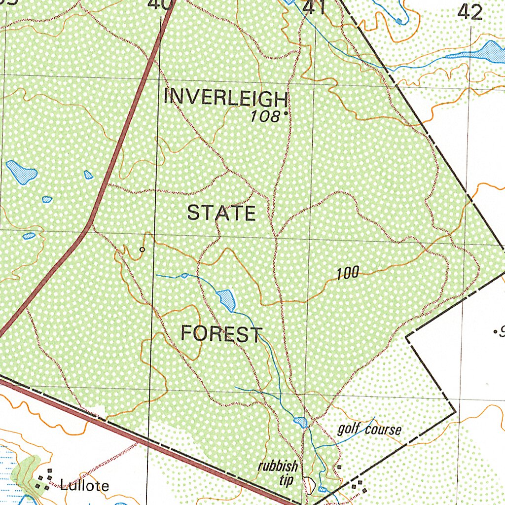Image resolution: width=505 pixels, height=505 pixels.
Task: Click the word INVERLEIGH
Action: click(x=225, y=98)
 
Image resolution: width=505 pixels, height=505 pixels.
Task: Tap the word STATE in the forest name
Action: click(x=221, y=213)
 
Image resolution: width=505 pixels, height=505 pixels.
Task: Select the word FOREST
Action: click(x=221, y=334)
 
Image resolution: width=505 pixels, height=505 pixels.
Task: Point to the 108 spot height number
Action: click(x=264, y=117)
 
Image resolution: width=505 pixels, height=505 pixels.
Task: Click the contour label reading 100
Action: click(x=348, y=273)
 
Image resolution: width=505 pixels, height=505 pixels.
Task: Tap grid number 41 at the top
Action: click(x=314, y=7)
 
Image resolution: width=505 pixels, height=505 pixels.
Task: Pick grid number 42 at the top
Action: click(x=469, y=12)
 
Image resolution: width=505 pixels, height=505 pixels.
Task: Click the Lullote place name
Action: click(x=84, y=486)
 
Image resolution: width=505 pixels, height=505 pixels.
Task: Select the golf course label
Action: click(x=369, y=429)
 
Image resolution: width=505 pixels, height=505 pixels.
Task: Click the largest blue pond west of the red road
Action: click(x=21, y=172)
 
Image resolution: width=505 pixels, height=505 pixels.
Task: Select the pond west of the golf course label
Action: click(x=300, y=423)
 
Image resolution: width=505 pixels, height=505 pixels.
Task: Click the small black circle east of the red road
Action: click(x=143, y=250)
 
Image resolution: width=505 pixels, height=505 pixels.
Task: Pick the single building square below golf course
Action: click(x=339, y=467)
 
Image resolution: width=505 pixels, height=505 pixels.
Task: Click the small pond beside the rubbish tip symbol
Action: click(x=323, y=489)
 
